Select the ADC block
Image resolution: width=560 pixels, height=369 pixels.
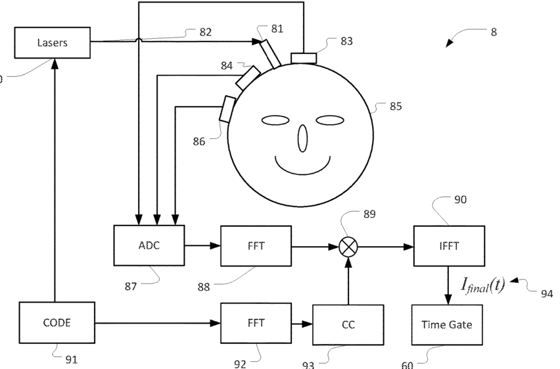click(149, 246)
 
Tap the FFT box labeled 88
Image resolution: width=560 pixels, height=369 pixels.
click(255, 246)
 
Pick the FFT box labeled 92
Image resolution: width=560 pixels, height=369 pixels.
click(255, 323)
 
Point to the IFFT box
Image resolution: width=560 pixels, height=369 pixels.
click(448, 246)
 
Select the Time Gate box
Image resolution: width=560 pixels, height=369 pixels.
click(447, 324)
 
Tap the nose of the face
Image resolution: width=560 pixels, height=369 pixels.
click(303, 137)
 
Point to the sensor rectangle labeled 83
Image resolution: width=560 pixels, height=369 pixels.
click(304, 59)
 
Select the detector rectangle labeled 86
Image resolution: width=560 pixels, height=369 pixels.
click(227, 109)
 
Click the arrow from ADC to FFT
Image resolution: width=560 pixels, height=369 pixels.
click(202, 247)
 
